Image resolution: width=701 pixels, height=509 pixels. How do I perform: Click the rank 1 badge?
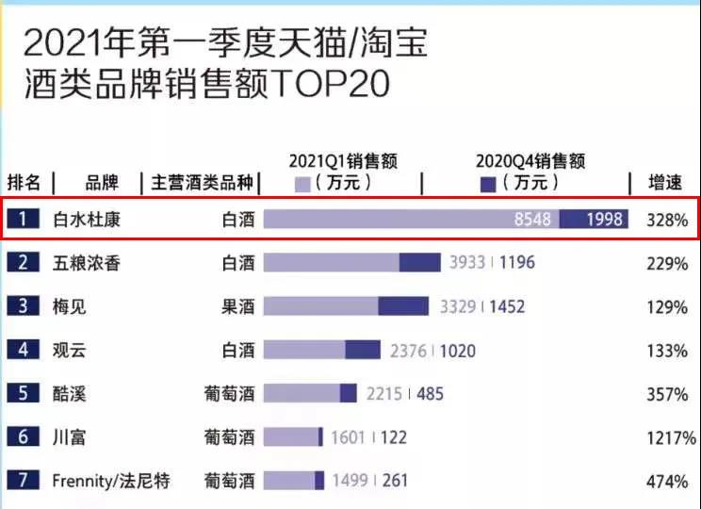click(24, 219)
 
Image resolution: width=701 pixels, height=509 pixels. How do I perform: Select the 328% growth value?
click(667, 220)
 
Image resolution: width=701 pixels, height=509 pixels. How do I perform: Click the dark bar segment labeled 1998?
click(594, 219)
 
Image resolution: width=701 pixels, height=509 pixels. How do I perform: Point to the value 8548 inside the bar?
click(532, 219)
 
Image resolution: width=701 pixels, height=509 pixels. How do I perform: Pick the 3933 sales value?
click(466, 262)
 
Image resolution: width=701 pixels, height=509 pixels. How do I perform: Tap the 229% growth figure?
click(667, 264)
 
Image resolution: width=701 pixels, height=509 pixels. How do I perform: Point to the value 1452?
click(506, 306)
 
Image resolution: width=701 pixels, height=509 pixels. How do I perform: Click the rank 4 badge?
click(24, 350)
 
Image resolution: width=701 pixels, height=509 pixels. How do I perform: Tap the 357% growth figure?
click(667, 395)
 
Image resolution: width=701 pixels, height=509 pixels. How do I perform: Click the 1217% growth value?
click(669, 438)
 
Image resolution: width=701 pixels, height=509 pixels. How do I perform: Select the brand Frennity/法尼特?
click(111, 481)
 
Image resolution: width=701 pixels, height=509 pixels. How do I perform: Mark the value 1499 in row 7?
click(351, 481)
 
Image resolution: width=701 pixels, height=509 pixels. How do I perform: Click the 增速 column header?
click(667, 182)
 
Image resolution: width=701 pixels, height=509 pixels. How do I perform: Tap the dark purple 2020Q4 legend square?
click(488, 183)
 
